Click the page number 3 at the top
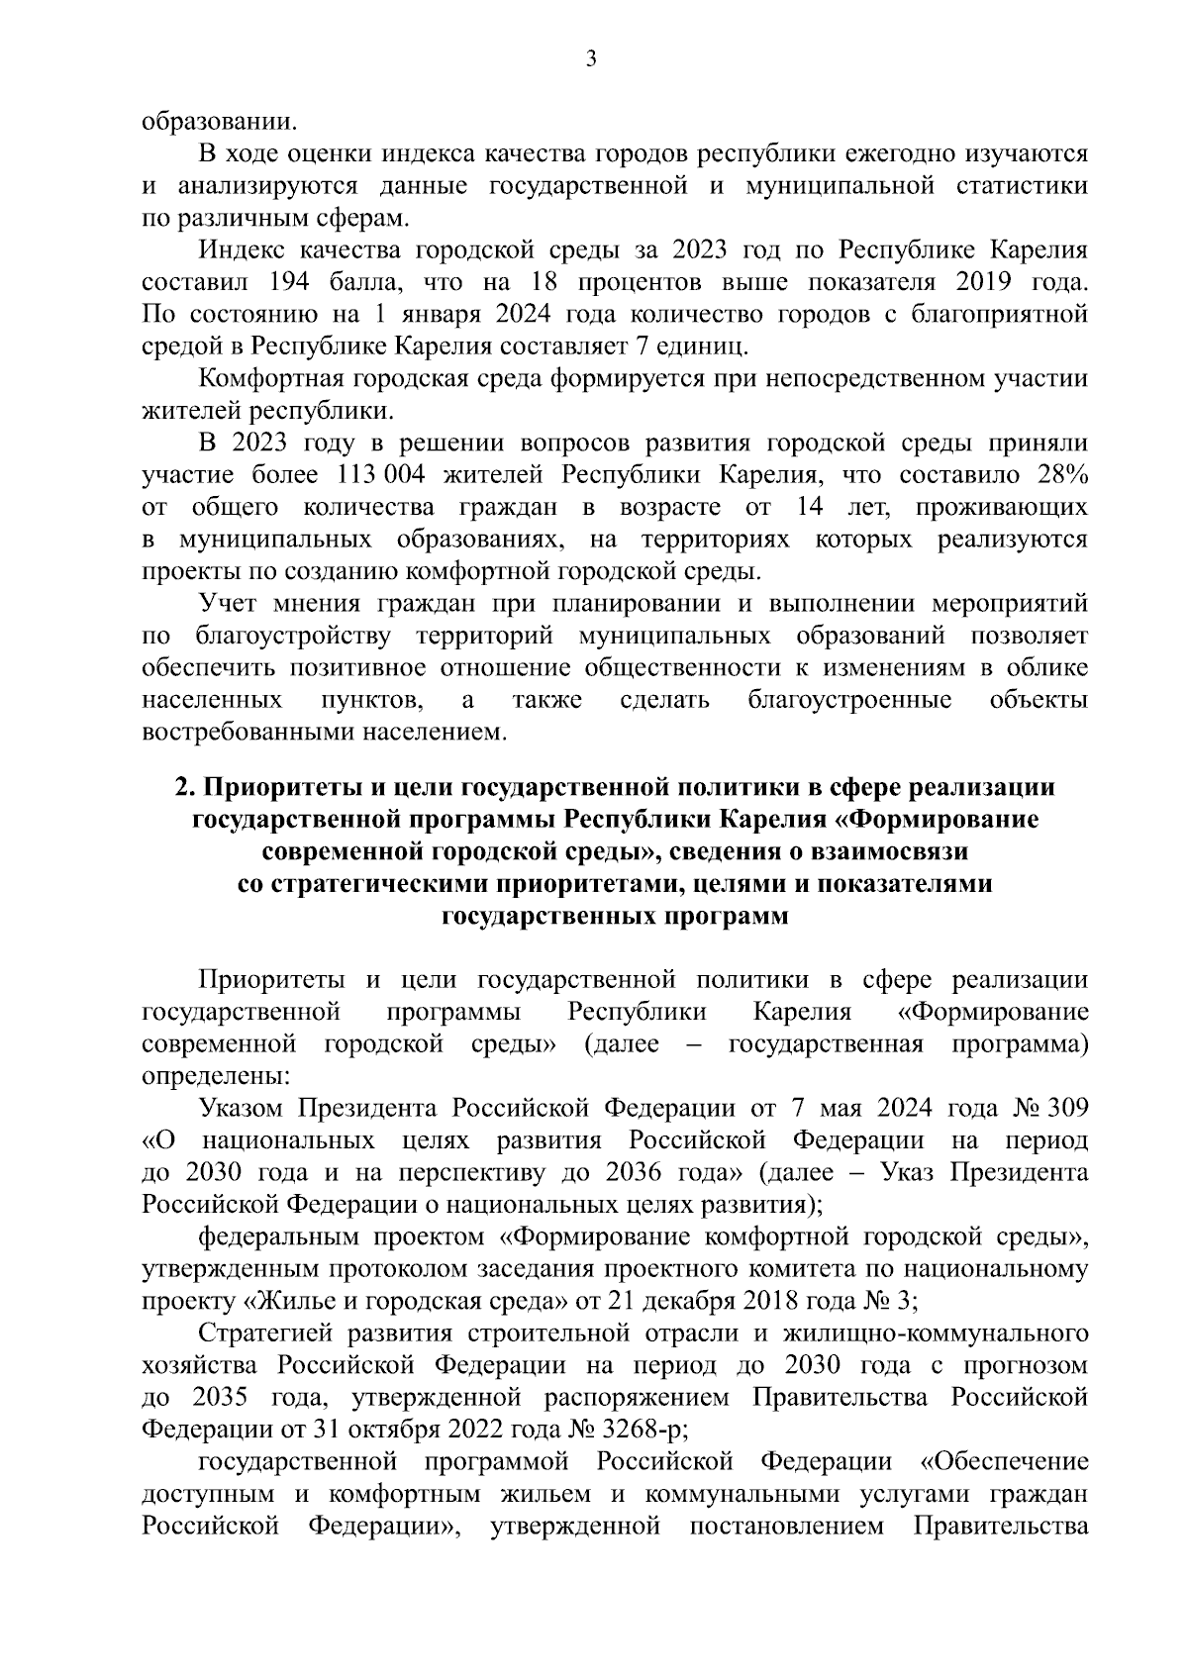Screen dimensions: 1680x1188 click(x=591, y=60)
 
